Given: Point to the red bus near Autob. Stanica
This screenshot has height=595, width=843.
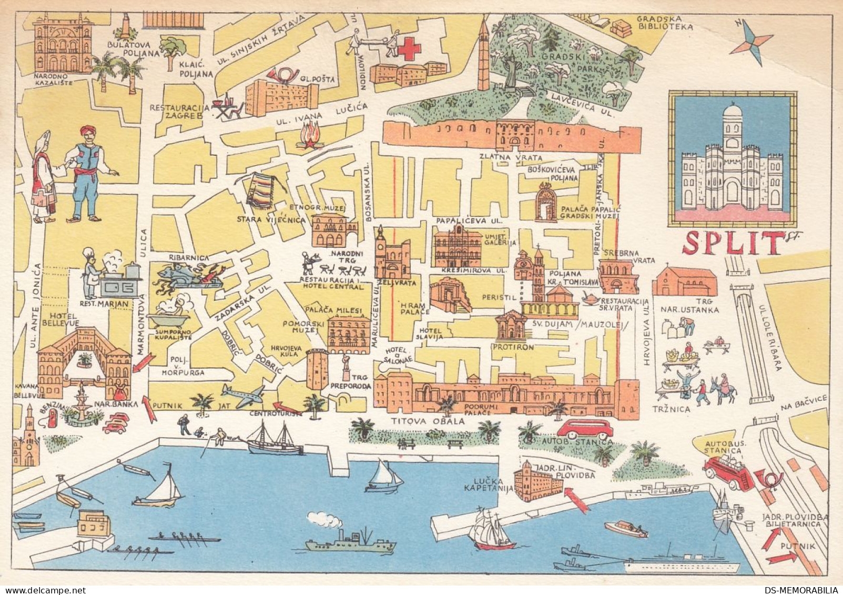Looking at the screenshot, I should point(585,428).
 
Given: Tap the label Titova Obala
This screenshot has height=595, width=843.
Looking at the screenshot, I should point(429,421).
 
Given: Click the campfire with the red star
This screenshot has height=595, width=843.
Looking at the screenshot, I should point(308,136).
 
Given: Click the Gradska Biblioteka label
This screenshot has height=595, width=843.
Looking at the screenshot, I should point(664,22).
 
